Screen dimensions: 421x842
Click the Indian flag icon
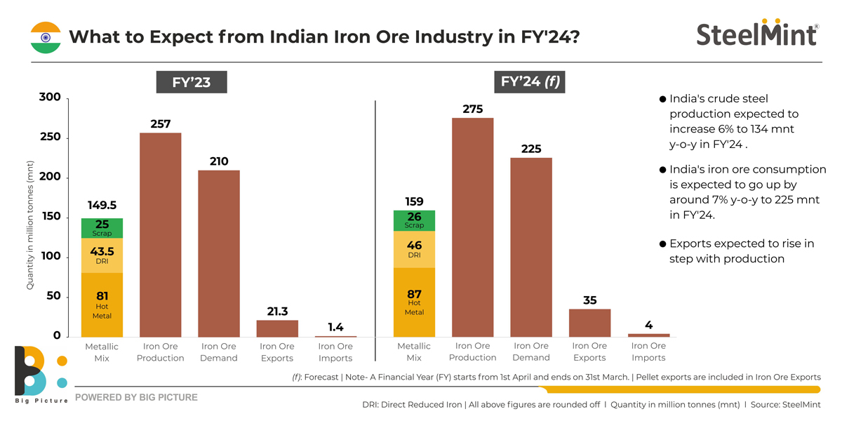[x=45, y=36]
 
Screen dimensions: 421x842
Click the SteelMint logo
[x=756, y=34]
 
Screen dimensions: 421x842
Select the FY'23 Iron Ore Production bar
[x=161, y=235]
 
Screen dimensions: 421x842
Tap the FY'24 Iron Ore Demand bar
[x=531, y=248]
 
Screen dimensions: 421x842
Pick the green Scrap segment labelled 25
[x=102, y=228]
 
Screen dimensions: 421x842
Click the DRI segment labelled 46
[x=414, y=250]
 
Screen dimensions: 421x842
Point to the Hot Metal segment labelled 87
[x=414, y=302]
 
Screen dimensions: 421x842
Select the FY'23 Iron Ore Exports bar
[x=277, y=329]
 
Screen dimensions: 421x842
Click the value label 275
[x=473, y=109]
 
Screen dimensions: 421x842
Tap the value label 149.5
[x=102, y=206]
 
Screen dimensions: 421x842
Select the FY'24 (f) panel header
[x=530, y=81]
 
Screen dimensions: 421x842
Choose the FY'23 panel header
[x=192, y=82]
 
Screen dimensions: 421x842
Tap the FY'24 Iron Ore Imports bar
[x=648, y=335]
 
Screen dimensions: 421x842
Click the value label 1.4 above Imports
[x=335, y=327]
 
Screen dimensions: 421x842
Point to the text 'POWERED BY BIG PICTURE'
[x=136, y=397]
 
